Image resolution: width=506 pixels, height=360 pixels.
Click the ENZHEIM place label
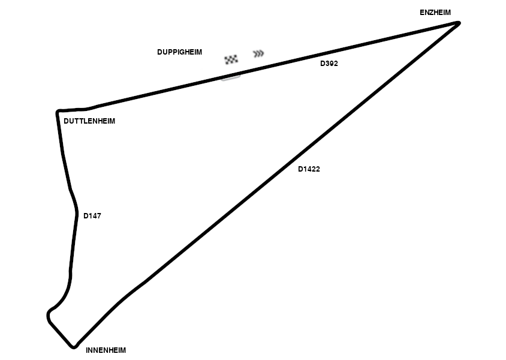(x=435, y=12)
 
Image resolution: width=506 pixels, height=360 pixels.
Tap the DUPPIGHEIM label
(x=179, y=52)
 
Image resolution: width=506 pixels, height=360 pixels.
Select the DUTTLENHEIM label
(x=89, y=121)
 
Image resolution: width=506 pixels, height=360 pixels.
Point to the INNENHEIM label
(x=106, y=350)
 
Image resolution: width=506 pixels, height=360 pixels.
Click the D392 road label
(x=329, y=64)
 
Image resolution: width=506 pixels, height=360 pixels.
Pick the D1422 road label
(x=309, y=169)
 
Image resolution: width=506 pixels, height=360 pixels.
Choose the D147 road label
(x=92, y=216)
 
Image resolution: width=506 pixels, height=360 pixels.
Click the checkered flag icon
(x=231, y=59)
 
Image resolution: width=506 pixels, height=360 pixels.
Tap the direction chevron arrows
(x=258, y=54)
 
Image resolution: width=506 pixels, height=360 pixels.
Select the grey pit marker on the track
(x=231, y=77)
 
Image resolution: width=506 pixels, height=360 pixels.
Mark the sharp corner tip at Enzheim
(x=459, y=23)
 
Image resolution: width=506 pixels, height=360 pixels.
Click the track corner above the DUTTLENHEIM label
(x=58, y=112)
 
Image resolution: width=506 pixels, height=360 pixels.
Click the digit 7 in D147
(x=98, y=216)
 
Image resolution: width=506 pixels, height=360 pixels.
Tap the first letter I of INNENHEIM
(x=88, y=350)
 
